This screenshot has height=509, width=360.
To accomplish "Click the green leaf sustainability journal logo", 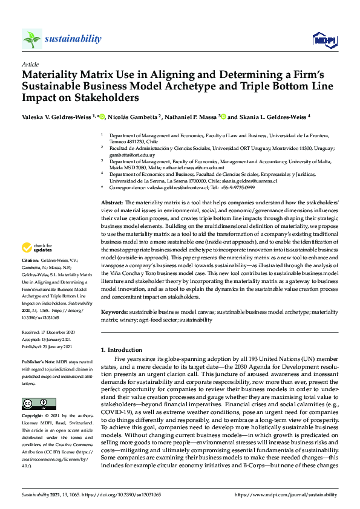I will pyautogui.click(x=32, y=39).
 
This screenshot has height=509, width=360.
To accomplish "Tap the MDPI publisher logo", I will pyautogui.click(x=324, y=40).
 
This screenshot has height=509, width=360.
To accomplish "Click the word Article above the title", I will pyautogui.click(x=30, y=64).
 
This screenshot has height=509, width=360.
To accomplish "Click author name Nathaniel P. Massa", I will pyautogui.click(x=191, y=116).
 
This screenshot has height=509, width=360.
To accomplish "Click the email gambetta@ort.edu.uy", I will pyautogui.click(x=129, y=155).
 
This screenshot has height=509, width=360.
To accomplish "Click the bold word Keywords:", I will pyautogui.click(x=114, y=311).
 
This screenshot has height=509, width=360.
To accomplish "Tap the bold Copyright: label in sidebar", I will pyautogui.click(x=34, y=417).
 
